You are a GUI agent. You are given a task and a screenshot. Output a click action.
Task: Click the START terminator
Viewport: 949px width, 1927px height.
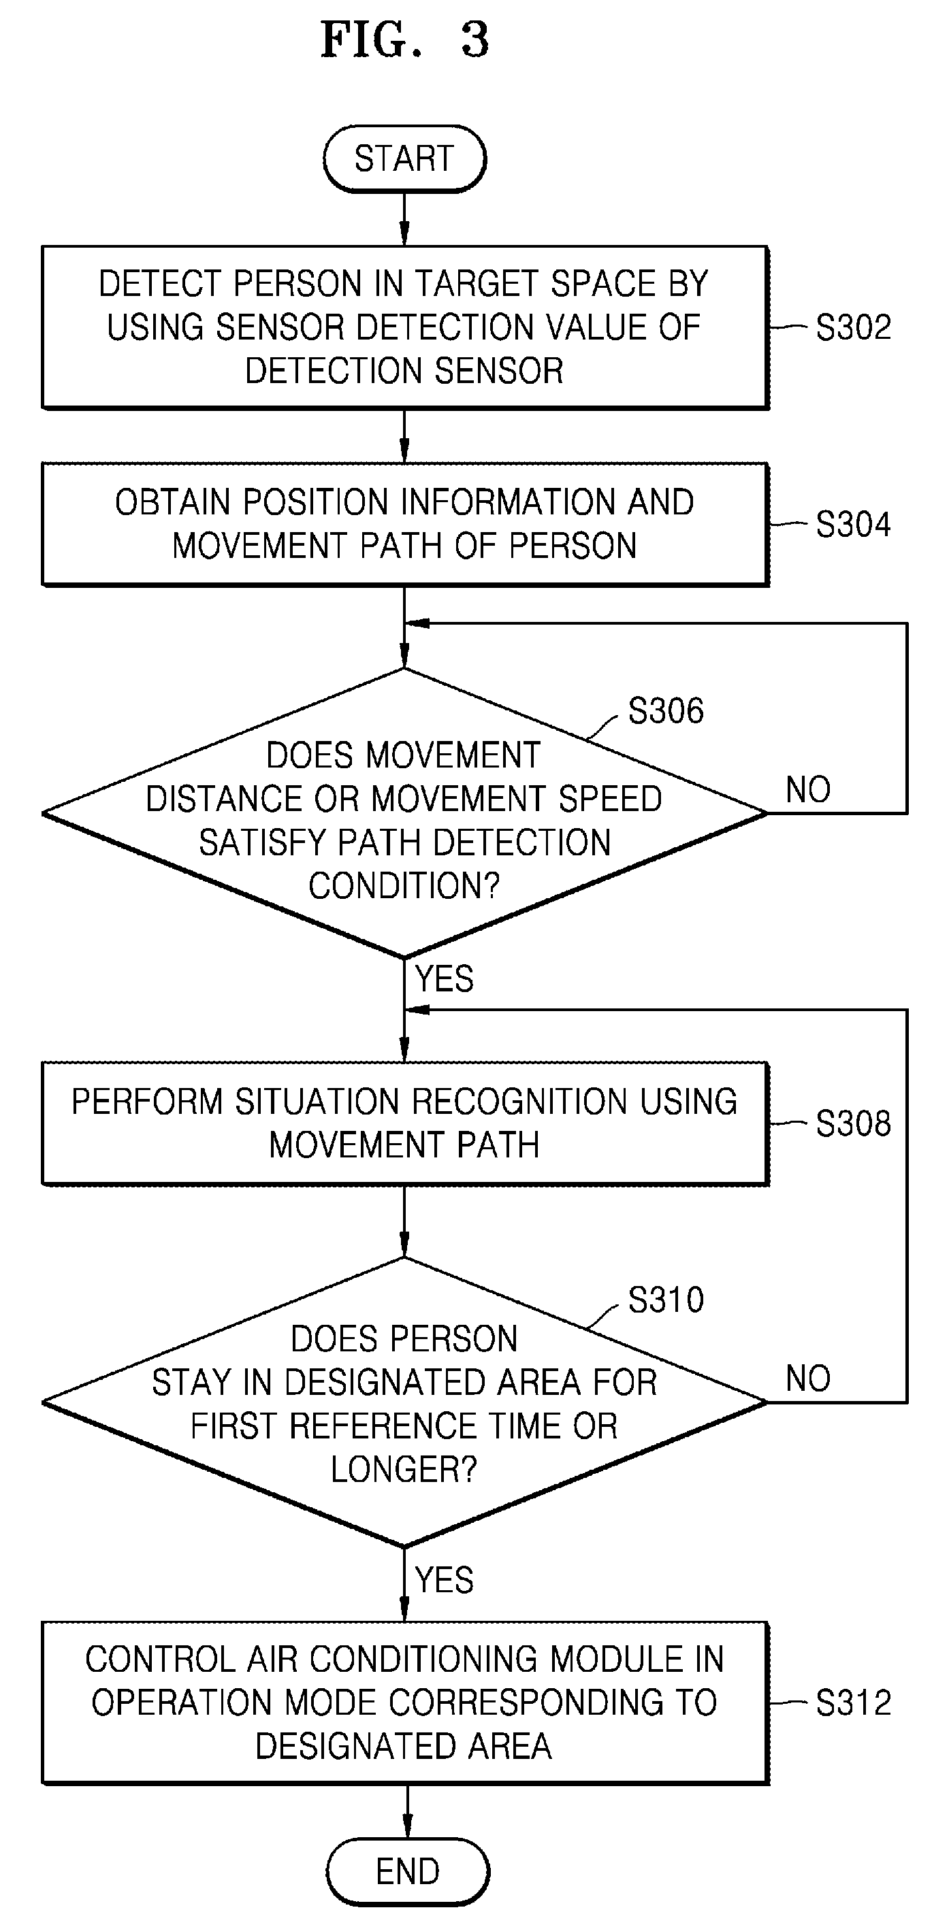pyautogui.click(x=404, y=159)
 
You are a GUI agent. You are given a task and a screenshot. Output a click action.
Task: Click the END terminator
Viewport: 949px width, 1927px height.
pyautogui.click(x=408, y=1872)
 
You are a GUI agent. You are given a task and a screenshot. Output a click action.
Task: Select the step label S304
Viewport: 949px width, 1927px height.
pyautogui.click(x=853, y=525)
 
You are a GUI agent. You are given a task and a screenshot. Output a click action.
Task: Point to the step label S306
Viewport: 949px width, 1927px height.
pyautogui.click(x=666, y=710)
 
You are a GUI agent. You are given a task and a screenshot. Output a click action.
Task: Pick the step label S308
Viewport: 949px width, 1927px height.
pyautogui.click(x=853, y=1123)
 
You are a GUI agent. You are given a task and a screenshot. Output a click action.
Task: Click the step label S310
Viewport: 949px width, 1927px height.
pyautogui.click(x=666, y=1300)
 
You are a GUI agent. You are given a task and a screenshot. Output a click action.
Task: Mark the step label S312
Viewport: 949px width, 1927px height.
pyautogui.click(x=853, y=1704)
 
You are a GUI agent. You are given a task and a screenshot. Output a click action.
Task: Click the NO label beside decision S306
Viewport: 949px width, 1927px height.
pyautogui.click(x=808, y=790)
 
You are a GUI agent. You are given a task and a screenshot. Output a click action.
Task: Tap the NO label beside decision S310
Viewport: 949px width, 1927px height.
pyautogui.click(x=808, y=1379)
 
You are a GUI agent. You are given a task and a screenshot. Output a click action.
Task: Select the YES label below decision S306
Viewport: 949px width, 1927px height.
pyautogui.click(x=445, y=978)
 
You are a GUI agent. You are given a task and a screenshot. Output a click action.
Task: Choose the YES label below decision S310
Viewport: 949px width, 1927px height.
pyautogui.click(x=445, y=1581)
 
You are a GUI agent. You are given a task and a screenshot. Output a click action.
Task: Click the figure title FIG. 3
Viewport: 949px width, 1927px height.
pyautogui.click(x=405, y=39)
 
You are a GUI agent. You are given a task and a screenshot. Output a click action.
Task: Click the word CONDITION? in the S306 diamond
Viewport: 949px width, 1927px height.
pyautogui.click(x=404, y=886)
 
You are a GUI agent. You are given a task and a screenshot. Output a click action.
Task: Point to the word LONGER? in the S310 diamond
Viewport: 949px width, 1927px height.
pyautogui.click(x=404, y=1470)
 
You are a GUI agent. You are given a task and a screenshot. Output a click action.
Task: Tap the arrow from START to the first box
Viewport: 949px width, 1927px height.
pyautogui.click(x=404, y=219)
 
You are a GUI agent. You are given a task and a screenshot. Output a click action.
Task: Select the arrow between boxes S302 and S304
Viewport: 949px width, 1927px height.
pyautogui.click(x=404, y=436)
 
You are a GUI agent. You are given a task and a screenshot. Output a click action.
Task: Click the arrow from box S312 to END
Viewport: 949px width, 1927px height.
pyautogui.click(x=407, y=1811)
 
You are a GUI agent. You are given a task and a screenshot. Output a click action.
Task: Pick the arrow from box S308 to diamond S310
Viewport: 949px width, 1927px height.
pyautogui.click(x=404, y=1221)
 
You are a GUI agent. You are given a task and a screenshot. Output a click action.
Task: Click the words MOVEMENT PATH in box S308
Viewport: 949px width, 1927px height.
pyautogui.click(x=404, y=1145)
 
